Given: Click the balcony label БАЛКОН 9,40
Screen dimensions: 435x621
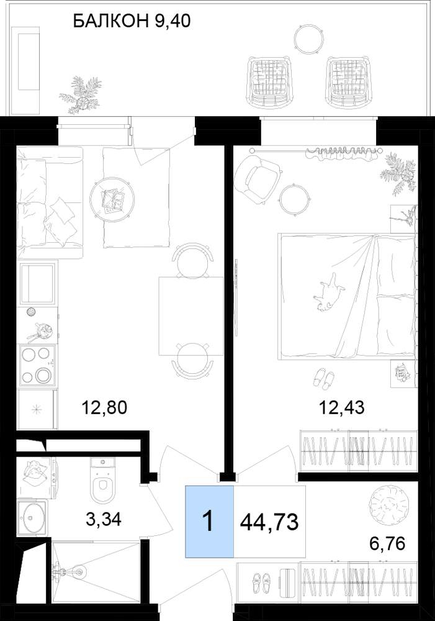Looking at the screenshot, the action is tap(132, 20).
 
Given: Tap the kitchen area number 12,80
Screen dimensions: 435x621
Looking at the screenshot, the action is tap(104, 407).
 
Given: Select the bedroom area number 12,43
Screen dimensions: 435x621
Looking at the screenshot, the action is tap(341, 407).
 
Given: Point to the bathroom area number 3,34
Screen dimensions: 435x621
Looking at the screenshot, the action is tap(104, 519).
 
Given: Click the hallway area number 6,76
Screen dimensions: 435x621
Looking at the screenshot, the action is tap(387, 543).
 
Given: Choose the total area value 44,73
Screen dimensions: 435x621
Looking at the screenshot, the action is tap(269, 522).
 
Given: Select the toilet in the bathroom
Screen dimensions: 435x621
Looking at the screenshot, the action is tap(103, 480).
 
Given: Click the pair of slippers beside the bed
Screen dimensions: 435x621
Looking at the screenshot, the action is tap(323, 378).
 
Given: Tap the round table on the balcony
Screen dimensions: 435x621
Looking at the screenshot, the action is tap(307, 38).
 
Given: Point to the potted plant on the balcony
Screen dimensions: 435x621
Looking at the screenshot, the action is tap(81, 95).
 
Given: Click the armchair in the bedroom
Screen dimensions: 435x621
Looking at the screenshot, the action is tap(258, 178).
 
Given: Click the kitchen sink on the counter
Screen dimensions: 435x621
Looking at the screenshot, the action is tap(37, 283).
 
